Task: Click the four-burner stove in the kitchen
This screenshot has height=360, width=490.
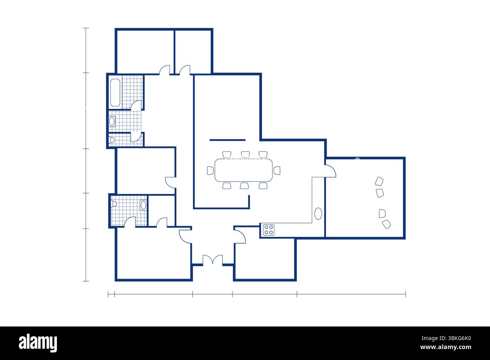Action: point(269,230)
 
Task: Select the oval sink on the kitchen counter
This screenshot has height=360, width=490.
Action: point(318,214)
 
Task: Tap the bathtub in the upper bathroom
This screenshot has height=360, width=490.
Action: point(115,93)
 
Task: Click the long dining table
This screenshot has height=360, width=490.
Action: point(244,170)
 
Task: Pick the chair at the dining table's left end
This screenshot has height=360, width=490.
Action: point(210,171)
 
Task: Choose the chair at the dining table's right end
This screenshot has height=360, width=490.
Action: point(277,171)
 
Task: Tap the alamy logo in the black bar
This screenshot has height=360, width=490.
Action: point(38,343)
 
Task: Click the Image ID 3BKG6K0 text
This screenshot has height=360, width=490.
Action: point(446,339)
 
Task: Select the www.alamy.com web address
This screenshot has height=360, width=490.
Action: point(446,347)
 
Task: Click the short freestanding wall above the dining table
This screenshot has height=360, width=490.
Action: point(228,140)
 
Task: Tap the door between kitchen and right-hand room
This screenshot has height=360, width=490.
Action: point(330,171)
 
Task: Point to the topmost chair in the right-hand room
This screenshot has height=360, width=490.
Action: point(379,181)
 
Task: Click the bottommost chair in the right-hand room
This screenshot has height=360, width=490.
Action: point(386,224)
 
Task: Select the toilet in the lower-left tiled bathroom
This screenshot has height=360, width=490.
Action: point(113,204)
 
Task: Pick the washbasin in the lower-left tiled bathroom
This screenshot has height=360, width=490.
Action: point(143,205)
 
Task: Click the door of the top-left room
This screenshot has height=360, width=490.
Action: point(164,70)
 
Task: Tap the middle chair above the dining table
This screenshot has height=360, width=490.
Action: point(245,154)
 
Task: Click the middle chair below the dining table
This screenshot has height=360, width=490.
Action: point(244,186)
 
